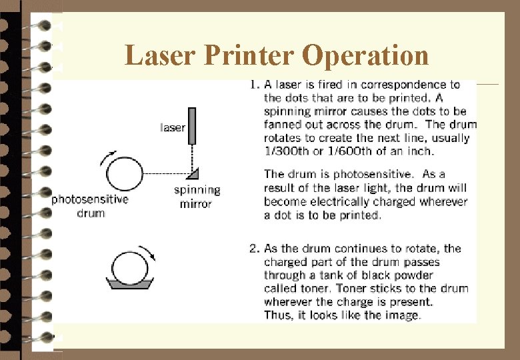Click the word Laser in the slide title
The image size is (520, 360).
coord(153,55)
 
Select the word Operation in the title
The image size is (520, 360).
coord(365,55)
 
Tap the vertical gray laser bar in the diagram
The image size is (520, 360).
coord(192,127)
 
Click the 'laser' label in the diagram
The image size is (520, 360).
coord(173,127)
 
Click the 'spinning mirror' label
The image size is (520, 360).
coord(197,197)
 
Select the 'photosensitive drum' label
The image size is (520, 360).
coord(90,205)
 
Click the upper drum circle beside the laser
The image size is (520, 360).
coord(123,174)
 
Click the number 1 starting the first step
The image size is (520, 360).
coord(253,85)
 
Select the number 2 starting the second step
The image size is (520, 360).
coord(253,249)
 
